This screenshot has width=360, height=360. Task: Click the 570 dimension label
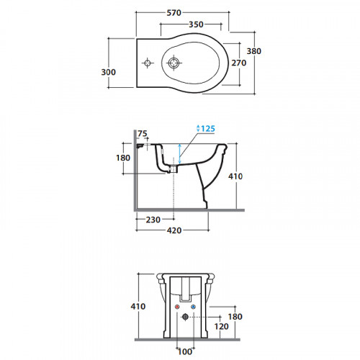(x=174, y=13)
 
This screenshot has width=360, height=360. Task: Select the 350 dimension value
(x=196, y=24)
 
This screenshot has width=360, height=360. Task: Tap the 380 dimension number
(x=254, y=51)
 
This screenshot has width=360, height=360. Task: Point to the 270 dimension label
(x=239, y=63)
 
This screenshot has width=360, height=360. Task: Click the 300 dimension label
(x=109, y=72)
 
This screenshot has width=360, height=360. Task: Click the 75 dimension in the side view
(x=143, y=133)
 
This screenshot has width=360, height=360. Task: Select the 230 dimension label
(x=153, y=220)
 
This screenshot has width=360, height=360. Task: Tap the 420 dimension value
(x=174, y=230)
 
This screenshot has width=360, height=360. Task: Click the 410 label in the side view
(x=235, y=176)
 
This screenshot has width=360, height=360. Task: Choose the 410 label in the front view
(x=138, y=306)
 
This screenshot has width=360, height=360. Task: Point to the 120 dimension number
(x=221, y=326)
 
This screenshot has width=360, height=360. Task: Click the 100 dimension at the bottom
(x=185, y=352)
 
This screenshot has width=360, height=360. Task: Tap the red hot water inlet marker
(x=177, y=307)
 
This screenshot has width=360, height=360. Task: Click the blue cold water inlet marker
(x=193, y=307)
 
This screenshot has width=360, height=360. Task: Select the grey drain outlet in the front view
(x=185, y=317)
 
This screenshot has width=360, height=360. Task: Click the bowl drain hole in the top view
(x=173, y=63)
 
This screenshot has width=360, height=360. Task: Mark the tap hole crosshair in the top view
(x=148, y=63)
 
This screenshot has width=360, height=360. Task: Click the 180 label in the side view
(x=123, y=158)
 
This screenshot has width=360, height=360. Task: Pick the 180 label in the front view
(x=235, y=317)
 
